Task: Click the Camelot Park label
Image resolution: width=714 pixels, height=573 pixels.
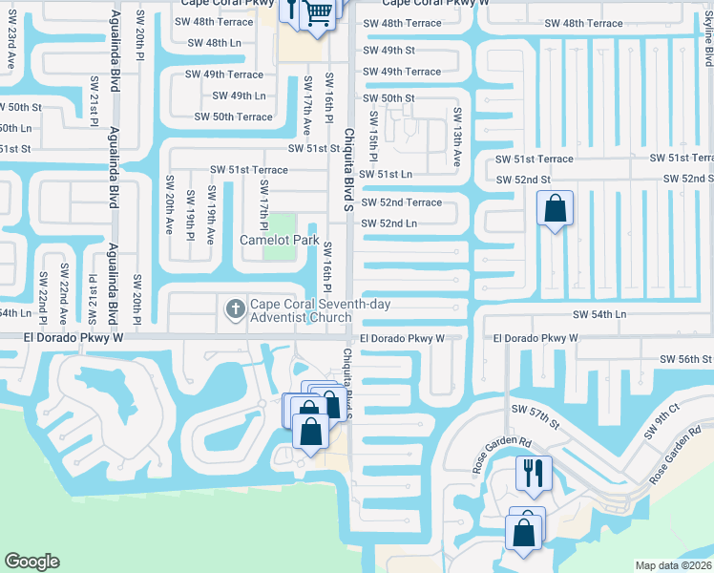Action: click(x=279, y=240)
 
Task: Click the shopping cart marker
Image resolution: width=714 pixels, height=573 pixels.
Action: click(x=319, y=12)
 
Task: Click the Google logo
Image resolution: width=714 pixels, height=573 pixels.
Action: click(x=31, y=562)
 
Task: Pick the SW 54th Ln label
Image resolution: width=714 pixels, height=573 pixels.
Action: click(x=598, y=313)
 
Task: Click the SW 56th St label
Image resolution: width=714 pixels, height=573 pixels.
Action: click(x=685, y=358)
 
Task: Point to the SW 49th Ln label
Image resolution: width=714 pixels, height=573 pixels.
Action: click(x=239, y=95)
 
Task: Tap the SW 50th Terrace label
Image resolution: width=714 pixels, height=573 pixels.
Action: click(x=233, y=117)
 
